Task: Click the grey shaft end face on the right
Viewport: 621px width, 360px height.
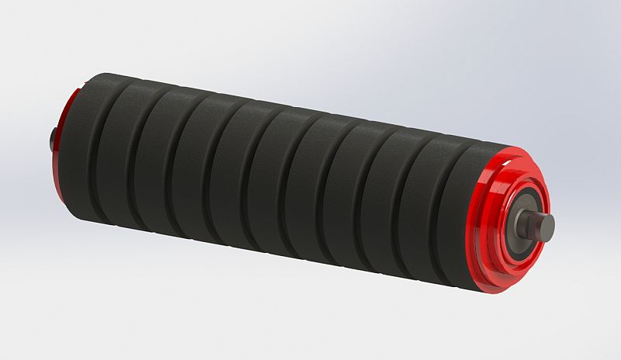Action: point(546,226)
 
